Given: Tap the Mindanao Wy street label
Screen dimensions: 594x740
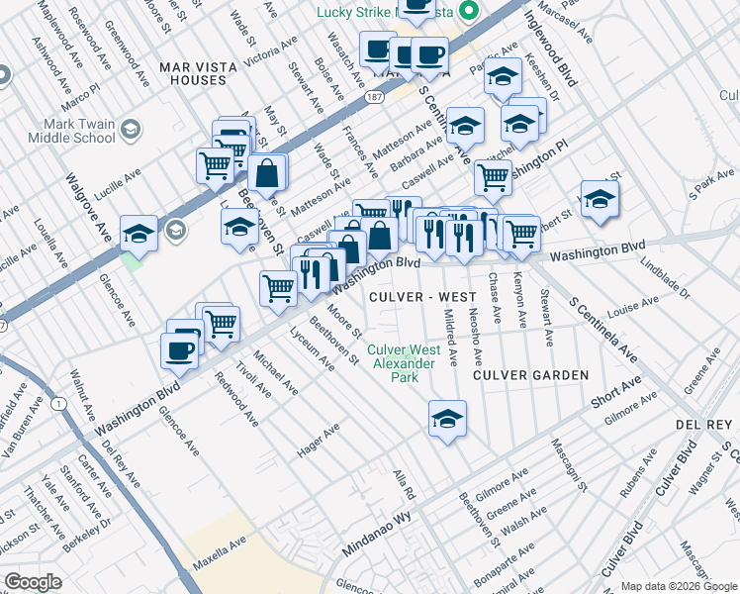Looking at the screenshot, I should [376, 537].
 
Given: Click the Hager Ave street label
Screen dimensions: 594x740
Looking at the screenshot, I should [319, 441].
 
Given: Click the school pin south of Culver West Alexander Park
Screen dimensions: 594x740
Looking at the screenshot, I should [447, 419].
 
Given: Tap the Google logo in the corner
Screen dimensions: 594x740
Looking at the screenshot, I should [33, 582].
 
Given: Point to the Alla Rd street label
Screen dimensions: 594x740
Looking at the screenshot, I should [404, 485].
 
